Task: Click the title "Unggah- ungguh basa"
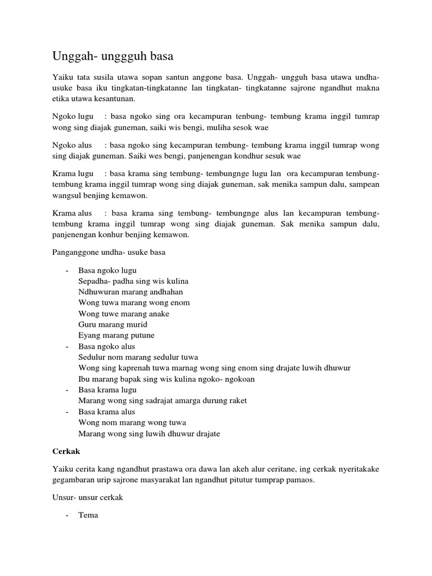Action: click(x=113, y=56)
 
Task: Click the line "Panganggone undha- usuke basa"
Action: click(x=109, y=253)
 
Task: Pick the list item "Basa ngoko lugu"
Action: click(x=107, y=271)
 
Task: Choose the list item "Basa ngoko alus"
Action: click(x=107, y=346)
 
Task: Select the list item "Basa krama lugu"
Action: click(x=107, y=390)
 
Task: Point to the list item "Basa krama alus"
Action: click(x=107, y=412)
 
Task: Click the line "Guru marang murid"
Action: click(x=112, y=325)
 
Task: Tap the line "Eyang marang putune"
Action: click(x=116, y=335)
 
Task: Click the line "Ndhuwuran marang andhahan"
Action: click(x=130, y=292)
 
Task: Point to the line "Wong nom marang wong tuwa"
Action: click(x=132, y=422)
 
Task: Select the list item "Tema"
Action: click(x=88, y=515)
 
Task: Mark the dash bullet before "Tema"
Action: click(x=67, y=515)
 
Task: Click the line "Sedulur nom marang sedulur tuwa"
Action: click(x=138, y=357)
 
